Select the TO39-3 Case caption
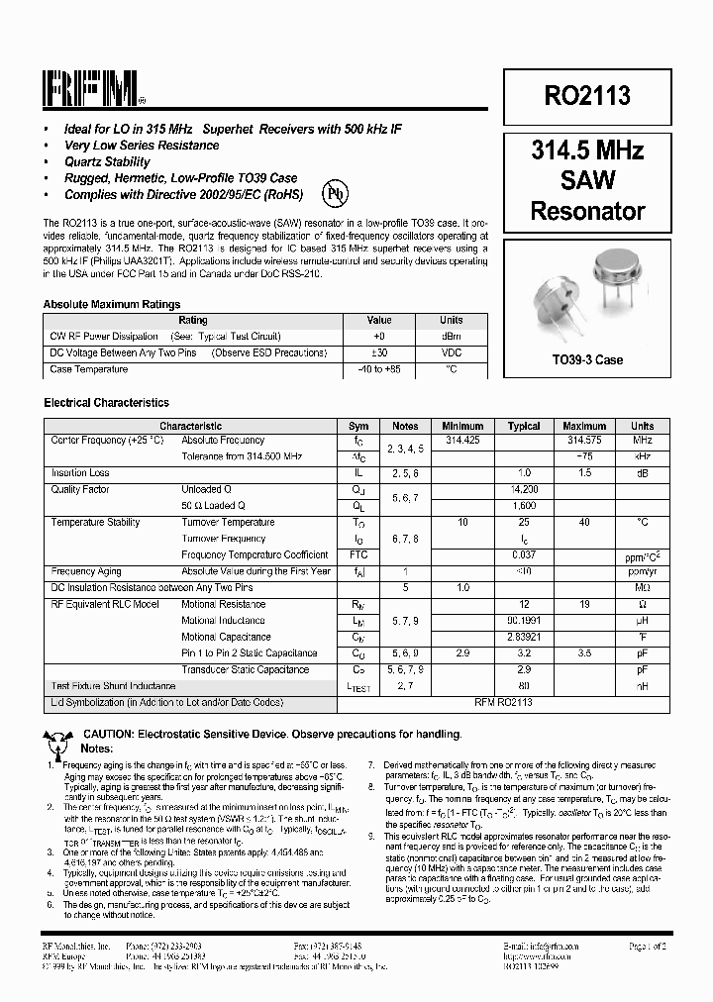pos(587,360)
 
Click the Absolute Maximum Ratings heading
pos(112,305)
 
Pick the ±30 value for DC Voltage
pos(379,352)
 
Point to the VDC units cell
pos(452,352)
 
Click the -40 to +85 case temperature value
pos(379,369)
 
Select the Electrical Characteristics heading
pos(106,403)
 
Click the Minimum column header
pos(462,426)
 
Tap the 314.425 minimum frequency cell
pos(462,439)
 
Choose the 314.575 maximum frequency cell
pos(584,439)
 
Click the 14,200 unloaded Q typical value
pos(524,489)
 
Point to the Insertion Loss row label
pos(80,473)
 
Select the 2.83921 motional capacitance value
pos(524,637)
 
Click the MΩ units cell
pos(642,587)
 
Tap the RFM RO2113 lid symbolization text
pos(524,702)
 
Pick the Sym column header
pos(359,426)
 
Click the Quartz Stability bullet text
pos(107,161)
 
